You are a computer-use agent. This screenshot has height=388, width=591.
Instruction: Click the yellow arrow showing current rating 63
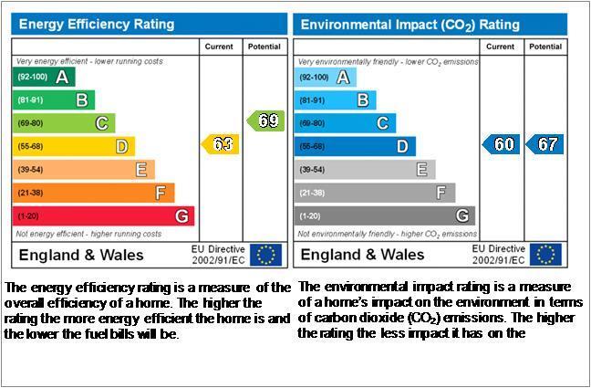221,144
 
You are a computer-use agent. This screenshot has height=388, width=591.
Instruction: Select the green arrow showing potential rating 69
265,121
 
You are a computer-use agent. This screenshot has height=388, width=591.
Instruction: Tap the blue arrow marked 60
502,144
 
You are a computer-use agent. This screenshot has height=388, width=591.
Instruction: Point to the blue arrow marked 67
544,144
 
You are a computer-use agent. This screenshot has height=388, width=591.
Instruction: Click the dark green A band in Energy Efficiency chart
44,77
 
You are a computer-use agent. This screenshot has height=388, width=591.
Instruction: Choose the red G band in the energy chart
103,215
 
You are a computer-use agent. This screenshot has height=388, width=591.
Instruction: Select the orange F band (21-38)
93,193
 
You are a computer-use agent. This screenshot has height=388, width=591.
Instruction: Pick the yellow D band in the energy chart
74,146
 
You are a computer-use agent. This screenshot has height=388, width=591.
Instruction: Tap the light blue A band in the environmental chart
326,78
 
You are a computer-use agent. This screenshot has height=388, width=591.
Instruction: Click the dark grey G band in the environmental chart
385,215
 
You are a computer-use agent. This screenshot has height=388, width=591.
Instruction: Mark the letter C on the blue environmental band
382,123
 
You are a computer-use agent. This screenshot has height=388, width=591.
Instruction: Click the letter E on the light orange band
141,170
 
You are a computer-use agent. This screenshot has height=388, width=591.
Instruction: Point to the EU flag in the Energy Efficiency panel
265,255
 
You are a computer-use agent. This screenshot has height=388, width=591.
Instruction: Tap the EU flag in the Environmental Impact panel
545,255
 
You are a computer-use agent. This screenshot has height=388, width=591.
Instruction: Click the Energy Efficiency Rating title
97,24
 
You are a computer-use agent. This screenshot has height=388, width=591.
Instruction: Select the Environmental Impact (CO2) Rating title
410,25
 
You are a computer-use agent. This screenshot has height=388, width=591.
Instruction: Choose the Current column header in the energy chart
219,47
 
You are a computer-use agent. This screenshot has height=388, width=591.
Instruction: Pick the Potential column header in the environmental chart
545,47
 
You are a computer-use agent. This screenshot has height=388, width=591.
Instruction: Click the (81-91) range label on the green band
30,100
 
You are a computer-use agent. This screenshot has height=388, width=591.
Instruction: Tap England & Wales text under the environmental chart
363,255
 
